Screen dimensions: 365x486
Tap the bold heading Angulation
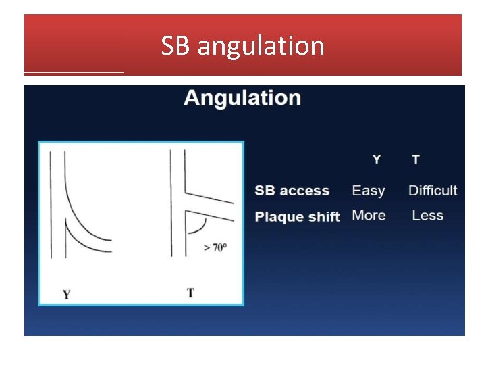click(x=242, y=98)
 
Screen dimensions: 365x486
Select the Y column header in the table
click(x=377, y=160)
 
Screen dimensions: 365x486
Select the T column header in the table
click(x=416, y=160)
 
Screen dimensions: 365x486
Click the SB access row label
click(x=292, y=191)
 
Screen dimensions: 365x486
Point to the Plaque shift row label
click(x=297, y=216)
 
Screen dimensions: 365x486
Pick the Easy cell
click(x=369, y=191)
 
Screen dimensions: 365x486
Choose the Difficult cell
click(x=433, y=191)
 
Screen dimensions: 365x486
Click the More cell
click(x=369, y=216)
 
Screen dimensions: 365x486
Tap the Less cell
click(x=428, y=216)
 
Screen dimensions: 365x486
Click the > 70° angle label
click(x=215, y=247)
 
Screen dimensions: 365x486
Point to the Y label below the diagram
click(x=66, y=294)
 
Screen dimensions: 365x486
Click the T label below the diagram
click(x=190, y=293)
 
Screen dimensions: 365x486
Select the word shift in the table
click(x=323, y=216)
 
